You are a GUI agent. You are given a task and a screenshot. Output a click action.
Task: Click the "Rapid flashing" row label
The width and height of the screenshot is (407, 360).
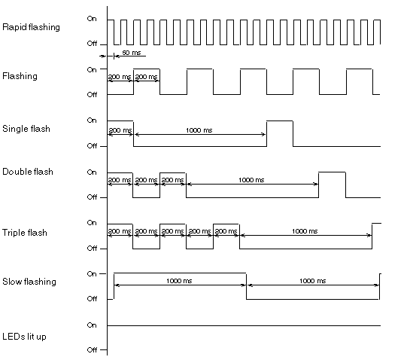click(31, 27)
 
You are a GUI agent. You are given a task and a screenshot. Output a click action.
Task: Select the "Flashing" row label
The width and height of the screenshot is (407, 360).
click(20, 76)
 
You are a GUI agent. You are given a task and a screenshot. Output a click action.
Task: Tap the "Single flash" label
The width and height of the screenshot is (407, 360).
click(26, 129)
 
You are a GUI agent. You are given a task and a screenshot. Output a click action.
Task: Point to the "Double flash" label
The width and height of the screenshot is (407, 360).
click(28, 172)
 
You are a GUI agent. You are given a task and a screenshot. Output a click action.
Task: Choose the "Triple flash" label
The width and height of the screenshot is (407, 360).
click(25, 233)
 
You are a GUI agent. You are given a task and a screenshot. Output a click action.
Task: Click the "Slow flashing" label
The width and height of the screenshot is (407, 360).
click(29, 282)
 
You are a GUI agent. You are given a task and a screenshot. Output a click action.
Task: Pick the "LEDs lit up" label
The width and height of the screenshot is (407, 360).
click(24, 337)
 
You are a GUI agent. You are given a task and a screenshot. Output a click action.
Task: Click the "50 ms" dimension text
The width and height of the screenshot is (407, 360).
click(132, 53)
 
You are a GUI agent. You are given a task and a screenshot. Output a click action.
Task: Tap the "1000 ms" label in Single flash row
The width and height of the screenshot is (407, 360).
click(199, 130)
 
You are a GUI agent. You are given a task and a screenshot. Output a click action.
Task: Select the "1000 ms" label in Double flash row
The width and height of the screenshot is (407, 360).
click(251, 180)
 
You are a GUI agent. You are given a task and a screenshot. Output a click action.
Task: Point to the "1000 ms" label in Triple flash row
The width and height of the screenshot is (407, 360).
click(305, 231)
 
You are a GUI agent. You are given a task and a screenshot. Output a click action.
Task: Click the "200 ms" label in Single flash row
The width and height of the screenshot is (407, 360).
click(120, 130)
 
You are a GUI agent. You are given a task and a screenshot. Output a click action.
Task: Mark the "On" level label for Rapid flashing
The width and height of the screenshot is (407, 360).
click(92, 19)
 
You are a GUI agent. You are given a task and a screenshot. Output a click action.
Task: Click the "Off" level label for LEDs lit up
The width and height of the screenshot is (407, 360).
click(92, 350)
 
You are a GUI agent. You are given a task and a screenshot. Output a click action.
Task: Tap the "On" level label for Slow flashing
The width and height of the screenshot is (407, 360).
click(92, 274)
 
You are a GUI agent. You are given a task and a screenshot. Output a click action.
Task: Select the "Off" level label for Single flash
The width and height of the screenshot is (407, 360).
click(92, 146)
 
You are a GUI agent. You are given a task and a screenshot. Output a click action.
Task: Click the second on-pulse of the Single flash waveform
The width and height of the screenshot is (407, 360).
click(280, 121)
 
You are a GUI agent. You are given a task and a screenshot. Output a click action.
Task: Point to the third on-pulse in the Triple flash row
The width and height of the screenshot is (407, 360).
click(226, 224)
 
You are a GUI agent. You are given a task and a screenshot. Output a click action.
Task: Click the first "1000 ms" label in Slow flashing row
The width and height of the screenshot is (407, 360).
click(179, 281)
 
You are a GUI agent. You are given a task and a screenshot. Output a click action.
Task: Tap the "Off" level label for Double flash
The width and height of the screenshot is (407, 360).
click(92, 197)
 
